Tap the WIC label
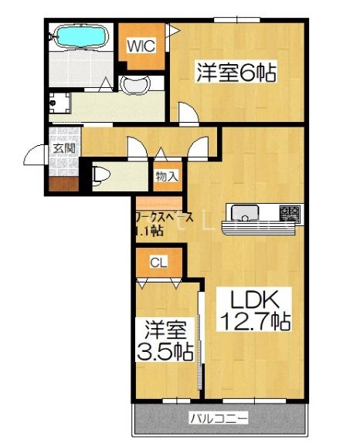pyautogui.click(x=141, y=45)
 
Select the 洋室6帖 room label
pyautogui.click(x=235, y=74)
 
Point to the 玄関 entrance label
pyautogui.click(x=63, y=149)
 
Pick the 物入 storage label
pyautogui.click(x=167, y=175)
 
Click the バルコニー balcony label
pyautogui.click(x=219, y=419)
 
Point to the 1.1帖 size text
pyautogui.click(x=148, y=231)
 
